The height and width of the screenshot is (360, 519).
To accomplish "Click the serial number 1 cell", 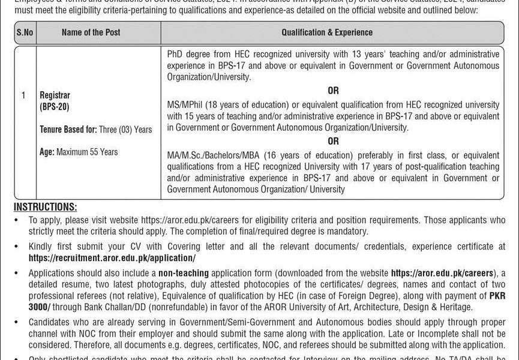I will click(x=23, y=95).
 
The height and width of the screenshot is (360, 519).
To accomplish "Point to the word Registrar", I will click(x=55, y=95).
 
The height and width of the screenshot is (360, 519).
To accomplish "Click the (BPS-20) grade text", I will click(x=55, y=106).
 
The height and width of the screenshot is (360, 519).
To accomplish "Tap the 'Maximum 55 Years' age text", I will click(x=87, y=152).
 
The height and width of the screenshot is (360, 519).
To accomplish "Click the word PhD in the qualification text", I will click(x=175, y=54).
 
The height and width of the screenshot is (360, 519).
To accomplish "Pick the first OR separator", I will click(x=333, y=91).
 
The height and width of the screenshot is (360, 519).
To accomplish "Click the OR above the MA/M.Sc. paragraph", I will click(x=333, y=141).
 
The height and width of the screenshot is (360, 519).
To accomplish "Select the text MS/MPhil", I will click(x=184, y=103).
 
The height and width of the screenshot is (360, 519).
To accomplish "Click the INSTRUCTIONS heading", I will click(x=46, y=208).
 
